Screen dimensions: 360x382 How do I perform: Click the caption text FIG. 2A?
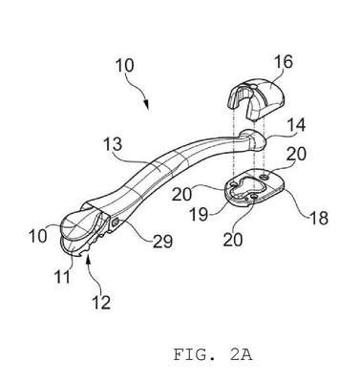click(213, 354)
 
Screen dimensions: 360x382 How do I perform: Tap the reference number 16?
click(283, 62)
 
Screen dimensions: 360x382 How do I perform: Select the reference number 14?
click(296, 125)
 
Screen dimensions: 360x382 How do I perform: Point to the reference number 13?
click(113, 144)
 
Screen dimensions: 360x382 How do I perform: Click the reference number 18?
click(318, 218)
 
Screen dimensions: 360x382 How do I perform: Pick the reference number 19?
click(199, 215)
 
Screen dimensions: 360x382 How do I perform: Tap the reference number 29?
click(163, 242)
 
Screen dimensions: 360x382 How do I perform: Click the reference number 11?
click(63, 277)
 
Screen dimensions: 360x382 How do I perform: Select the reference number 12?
click(101, 302)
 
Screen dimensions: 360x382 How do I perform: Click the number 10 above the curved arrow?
click(124, 66)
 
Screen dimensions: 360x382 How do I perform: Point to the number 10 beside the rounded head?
click(37, 236)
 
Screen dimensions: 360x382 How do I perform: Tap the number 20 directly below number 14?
click(296, 154)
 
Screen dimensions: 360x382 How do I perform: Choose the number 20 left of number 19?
click(181, 194)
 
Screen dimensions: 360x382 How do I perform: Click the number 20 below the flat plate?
click(233, 240)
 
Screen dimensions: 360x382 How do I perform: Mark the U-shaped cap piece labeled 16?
click(256, 96)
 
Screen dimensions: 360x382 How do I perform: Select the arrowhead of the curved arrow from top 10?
click(147, 105)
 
